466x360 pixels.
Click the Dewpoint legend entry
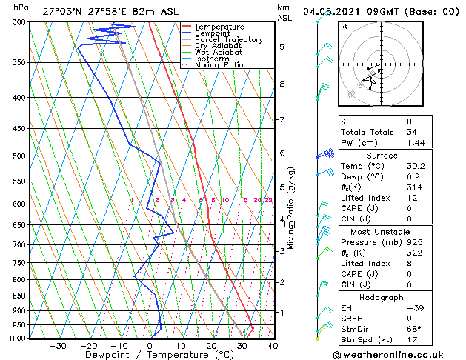[220, 33]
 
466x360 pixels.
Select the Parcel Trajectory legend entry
[228, 40]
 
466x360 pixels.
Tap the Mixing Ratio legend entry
[219, 65]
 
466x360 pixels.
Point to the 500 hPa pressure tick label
[21, 156]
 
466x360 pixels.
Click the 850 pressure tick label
[21, 296]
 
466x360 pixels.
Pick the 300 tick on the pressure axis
[21, 22]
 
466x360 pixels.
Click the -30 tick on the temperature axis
[58, 345]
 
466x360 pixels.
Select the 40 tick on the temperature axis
[273, 345]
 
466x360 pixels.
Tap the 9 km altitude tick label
[282, 47]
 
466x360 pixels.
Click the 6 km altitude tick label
[282, 153]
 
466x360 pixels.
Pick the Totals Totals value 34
[413, 131]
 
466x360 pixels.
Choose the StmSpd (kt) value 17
[413, 340]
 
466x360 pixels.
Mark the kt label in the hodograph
[344, 26]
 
